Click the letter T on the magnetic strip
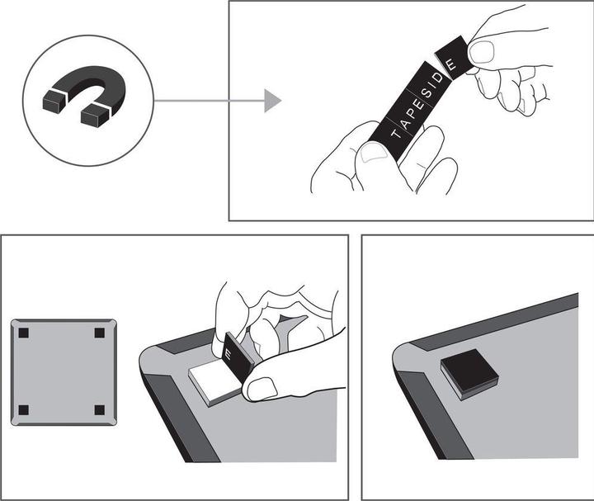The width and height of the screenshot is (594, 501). click(x=395, y=134)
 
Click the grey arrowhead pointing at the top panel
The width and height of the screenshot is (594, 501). click(x=273, y=101)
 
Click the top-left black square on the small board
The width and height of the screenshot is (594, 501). click(x=24, y=333)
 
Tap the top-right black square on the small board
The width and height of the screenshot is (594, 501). click(x=100, y=333)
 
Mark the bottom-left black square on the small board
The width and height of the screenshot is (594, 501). click(x=24, y=409)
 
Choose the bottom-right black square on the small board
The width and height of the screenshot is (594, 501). click(x=100, y=409)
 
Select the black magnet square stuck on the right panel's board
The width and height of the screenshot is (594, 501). click(x=469, y=375)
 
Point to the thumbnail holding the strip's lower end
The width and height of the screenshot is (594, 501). click(x=374, y=154)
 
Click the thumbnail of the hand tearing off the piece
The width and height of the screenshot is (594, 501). click(x=482, y=52)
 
